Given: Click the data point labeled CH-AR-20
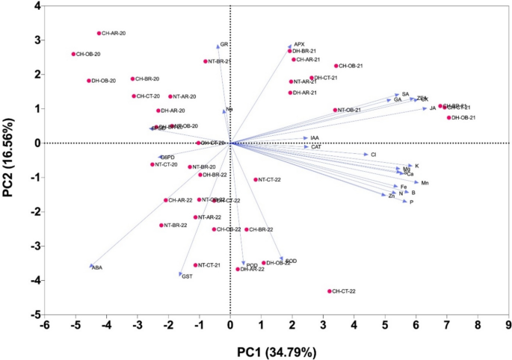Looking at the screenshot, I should (x=99, y=34).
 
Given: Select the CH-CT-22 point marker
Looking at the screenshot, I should (x=329, y=291).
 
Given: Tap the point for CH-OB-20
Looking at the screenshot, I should (x=74, y=55).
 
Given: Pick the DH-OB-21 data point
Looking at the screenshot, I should (x=449, y=118).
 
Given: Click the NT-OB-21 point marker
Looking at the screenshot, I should (x=335, y=111).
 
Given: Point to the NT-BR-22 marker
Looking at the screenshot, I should (x=161, y=226).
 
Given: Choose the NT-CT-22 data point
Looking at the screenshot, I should (x=255, y=180).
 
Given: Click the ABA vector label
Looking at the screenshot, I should (x=97, y=268).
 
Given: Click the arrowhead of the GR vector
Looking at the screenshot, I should (x=218, y=46).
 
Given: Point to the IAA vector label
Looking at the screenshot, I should (x=315, y=138).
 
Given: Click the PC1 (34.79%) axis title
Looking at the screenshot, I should (x=277, y=350).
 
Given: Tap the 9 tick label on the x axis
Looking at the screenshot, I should (x=508, y=326).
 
